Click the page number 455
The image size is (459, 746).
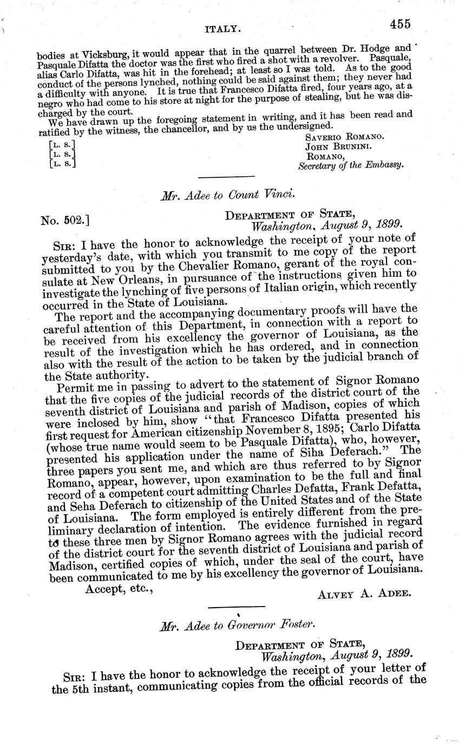[399, 24]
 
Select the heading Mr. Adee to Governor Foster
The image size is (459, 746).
[237, 627]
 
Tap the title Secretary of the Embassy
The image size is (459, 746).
[351, 166]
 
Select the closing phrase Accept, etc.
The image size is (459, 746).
[120, 589]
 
